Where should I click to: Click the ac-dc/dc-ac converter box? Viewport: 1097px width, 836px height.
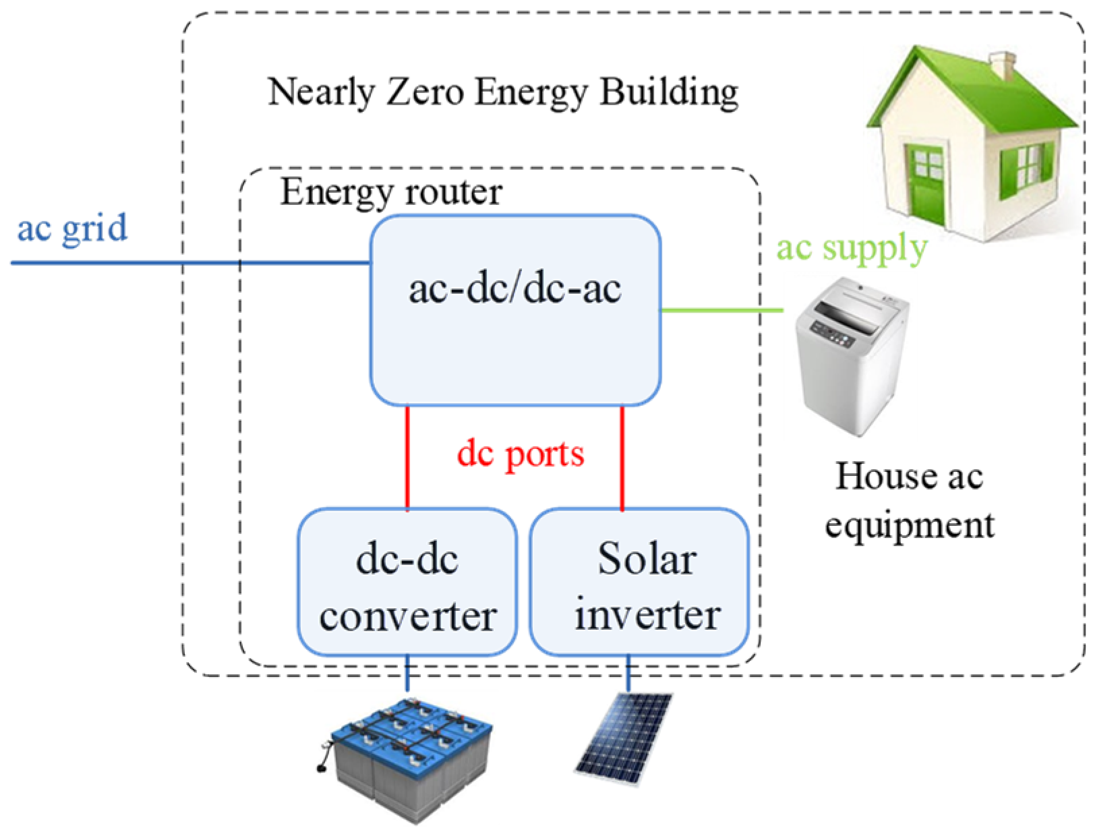pos(515,310)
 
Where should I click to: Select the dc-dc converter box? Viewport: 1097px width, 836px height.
pos(407,581)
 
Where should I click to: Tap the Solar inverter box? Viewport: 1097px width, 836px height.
pos(639,581)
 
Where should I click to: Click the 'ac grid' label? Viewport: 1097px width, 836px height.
pos(71,228)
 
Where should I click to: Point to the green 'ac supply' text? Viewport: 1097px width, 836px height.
pos(852,248)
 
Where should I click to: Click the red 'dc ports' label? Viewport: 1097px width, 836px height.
pos(521,454)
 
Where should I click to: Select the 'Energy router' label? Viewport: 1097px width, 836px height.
pos(391,192)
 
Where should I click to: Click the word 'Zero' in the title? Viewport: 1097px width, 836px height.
pos(421,92)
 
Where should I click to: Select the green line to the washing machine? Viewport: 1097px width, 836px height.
pos(721,311)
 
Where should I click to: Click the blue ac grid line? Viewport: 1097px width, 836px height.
pos(189,262)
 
